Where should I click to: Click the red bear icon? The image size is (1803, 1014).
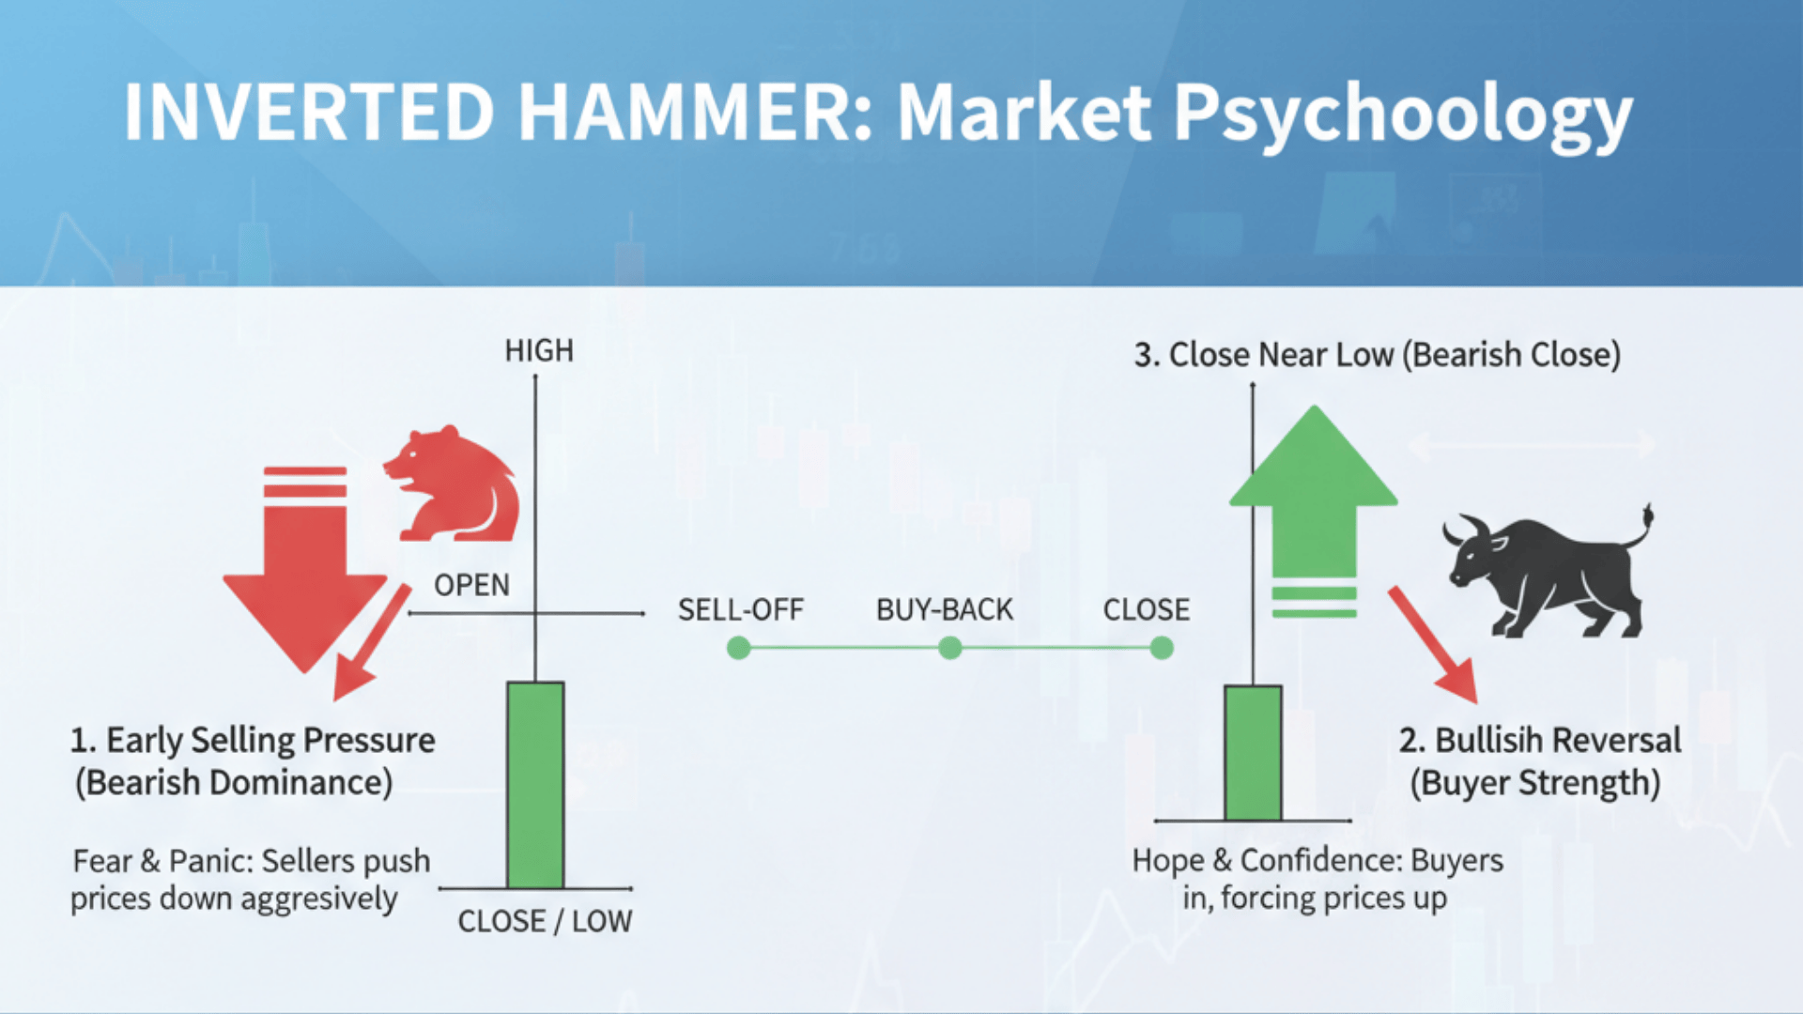(455, 486)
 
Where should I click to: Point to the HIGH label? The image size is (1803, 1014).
(539, 350)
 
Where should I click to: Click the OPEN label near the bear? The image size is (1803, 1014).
(471, 585)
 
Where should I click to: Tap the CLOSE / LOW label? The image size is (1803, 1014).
(545, 921)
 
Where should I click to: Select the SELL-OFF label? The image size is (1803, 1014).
(740, 609)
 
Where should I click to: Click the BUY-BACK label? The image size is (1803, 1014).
(944, 609)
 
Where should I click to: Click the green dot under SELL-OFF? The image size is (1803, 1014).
(739, 648)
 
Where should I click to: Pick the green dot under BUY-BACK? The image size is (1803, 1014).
(950, 648)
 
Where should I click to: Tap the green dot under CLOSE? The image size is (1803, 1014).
(1162, 648)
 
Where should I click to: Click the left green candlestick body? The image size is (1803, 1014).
(535, 785)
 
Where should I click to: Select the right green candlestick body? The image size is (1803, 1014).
(1253, 753)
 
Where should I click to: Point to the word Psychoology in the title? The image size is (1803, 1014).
(1403, 115)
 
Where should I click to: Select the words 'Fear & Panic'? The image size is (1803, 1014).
(162, 861)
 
